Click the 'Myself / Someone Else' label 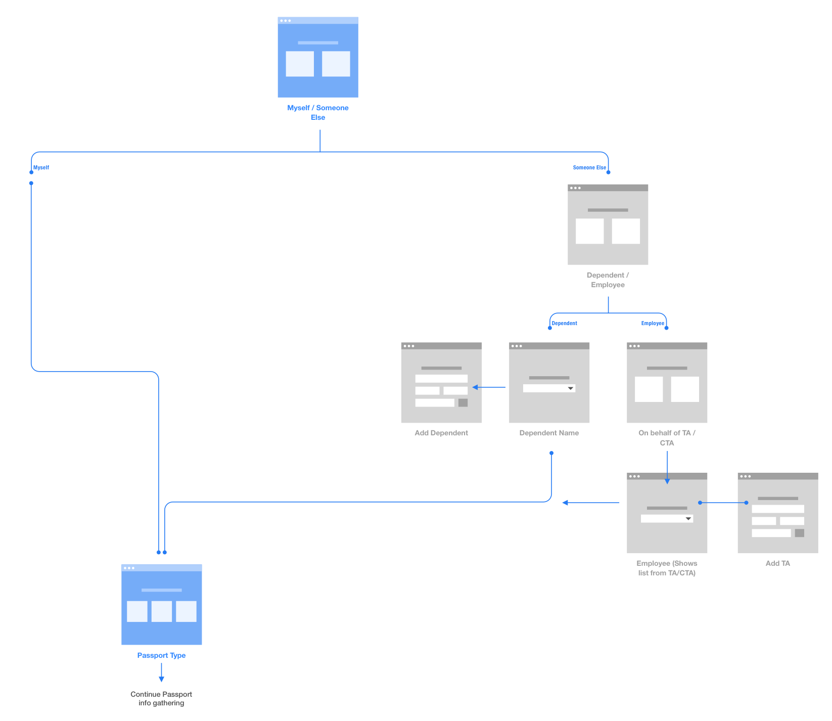tap(317, 112)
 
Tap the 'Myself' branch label tap(41, 167)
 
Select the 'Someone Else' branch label tap(589, 167)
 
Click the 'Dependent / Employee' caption tap(608, 280)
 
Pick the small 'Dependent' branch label tap(564, 323)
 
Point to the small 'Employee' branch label tap(653, 323)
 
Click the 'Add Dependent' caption tap(441, 433)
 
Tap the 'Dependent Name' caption tap(549, 433)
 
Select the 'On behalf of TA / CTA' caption tap(667, 437)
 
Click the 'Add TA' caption tap(777, 563)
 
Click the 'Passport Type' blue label tap(161, 655)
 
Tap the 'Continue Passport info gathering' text tap(161, 698)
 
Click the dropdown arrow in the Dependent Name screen tap(570, 388)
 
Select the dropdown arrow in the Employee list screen tap(688, 519)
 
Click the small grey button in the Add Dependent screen tap(463, 403)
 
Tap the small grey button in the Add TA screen tap(799, 533)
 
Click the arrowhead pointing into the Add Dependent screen tap(475, 387)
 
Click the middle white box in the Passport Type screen tap(162, 611)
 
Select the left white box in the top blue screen tap(300, 64)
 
